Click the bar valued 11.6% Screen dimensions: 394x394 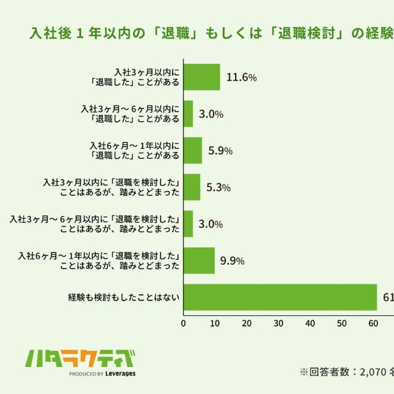pos(202,77)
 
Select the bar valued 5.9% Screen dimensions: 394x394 pos(193,150)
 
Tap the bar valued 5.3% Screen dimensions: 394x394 pos(192,187)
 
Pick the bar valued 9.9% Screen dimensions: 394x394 pos(199,260)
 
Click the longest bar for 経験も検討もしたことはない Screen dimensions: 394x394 pos(280,297)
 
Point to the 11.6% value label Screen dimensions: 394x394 pos(242,78)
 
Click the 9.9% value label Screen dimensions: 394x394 pos(233,261)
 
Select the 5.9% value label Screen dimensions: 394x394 pos(220,151)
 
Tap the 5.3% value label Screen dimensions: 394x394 pos(218,188)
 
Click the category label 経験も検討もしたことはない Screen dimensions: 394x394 pos(124,298)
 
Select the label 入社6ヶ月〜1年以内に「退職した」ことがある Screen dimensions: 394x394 pos(134,150)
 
